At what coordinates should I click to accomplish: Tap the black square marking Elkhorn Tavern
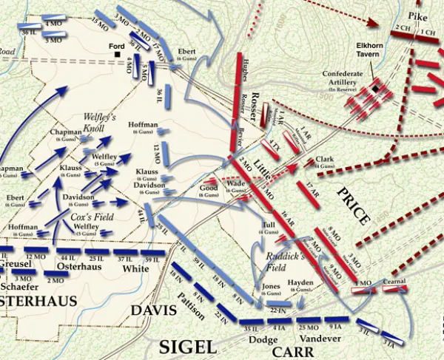pos(376,89)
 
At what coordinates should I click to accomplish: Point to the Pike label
pos(425,14)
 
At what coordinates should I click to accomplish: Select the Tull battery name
pos(269,225)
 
